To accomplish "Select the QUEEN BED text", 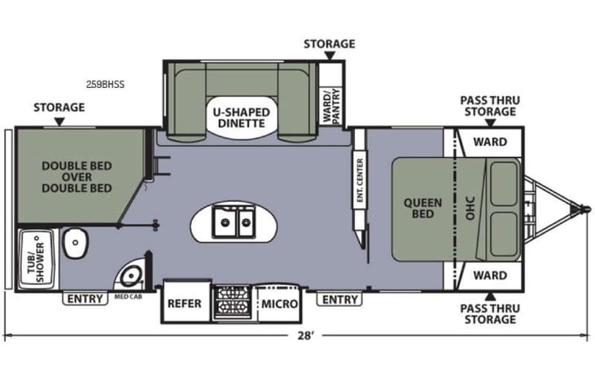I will (x=422, y=209).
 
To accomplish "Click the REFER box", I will (x=185, y=304).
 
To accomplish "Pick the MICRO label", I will (x=278, y=304).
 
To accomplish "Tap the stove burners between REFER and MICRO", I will (x=231, y=303).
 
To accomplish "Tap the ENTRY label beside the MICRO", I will (x=339, y=300).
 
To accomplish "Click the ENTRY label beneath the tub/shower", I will (x=85, y=299).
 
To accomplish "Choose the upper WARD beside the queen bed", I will (x=490, y=142).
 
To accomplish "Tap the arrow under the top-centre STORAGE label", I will (x=330, y=56).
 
